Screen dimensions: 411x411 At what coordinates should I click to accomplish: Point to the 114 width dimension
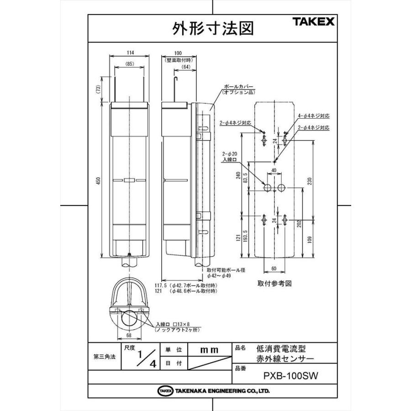point(130,52)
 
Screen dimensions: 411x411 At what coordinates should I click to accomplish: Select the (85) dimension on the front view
point(130,64)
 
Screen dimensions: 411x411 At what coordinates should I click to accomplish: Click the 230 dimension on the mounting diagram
point(310,182)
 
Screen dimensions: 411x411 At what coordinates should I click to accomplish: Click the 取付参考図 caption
point(274,283)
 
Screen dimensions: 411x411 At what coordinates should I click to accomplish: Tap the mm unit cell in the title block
point(209,350)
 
